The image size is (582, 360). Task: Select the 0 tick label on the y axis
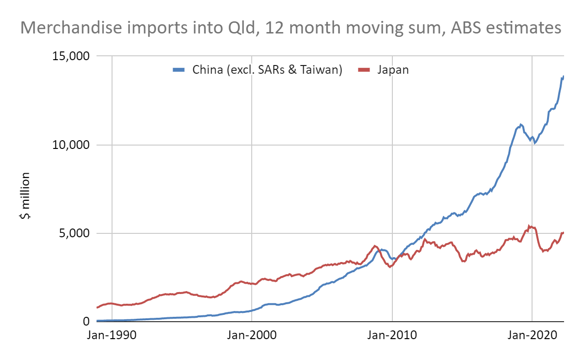tap(86, 322)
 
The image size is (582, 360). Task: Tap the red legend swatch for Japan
tap(364, 70)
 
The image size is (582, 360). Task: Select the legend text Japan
tap(393, 70)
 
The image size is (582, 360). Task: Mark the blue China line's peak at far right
tap(564, 76)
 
